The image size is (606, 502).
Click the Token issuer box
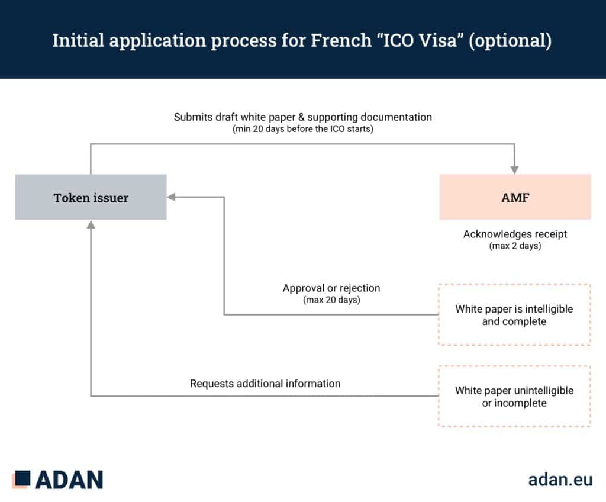pos(91,197)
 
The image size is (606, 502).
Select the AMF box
pos(515,197)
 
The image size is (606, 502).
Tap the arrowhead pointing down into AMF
pos(514,170)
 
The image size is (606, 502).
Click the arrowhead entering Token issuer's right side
pos(172,197)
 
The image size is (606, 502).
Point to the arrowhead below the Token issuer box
pos(91,224)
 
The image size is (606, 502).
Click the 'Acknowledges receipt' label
pos(515,234)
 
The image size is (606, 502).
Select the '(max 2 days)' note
pos(515,246)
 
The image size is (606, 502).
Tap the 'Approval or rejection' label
pos(331,288)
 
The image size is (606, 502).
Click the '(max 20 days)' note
pos(331,300)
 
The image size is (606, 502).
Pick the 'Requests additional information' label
pos(265,384)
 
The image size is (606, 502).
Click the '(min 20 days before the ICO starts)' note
pos(302,129)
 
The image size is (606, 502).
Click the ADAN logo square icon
pos(21,479)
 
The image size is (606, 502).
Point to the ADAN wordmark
pos(69,480)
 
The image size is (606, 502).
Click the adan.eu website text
pos(560,480)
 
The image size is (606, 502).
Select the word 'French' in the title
pos(341,40)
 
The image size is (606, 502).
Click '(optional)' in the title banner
pos(510,41)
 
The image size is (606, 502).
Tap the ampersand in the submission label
pos(301,117)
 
